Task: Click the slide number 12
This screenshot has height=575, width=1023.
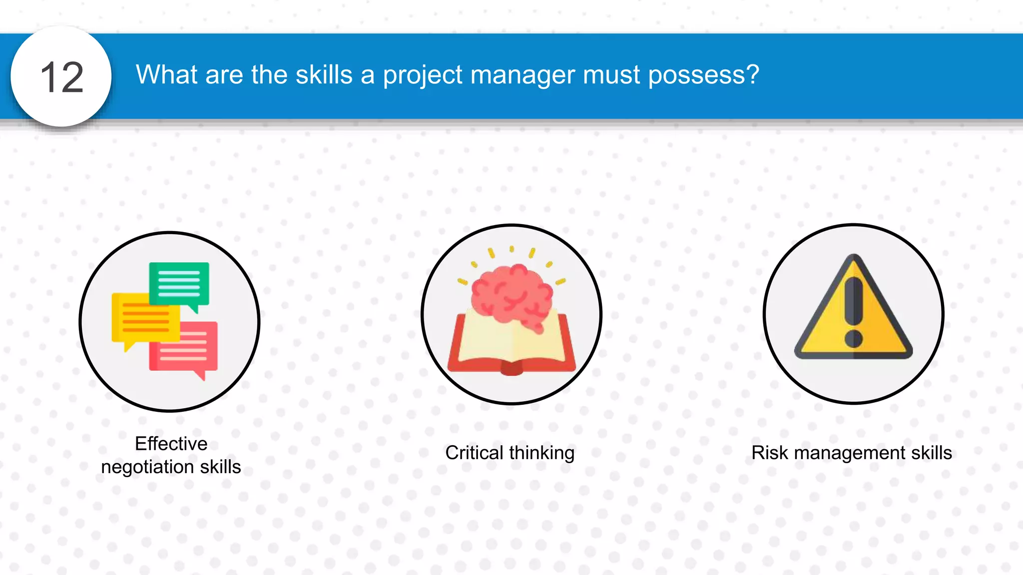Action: coord(61,77)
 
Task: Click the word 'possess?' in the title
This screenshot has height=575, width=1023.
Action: coord(703,75)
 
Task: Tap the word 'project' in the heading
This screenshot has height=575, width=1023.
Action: coord(423,75)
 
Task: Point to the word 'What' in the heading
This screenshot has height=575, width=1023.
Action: coord(167,75)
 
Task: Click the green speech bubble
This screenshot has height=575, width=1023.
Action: coord(179,283)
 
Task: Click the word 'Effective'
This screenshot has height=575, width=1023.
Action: coord(171,444)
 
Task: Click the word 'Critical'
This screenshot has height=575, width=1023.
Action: coord(474,453)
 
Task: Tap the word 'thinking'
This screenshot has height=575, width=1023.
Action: coord(542,453)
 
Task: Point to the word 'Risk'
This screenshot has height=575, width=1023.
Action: coord(770,453)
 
